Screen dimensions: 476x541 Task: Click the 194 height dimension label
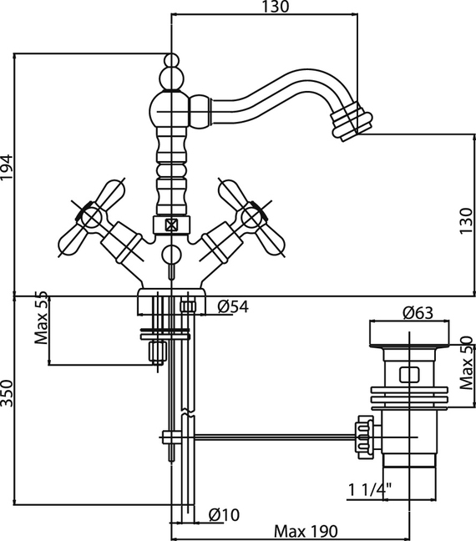[7, 167]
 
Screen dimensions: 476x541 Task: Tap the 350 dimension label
[7, 393]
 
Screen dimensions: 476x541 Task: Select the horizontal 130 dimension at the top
[275, 7]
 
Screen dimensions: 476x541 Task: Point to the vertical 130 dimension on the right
[466, 220]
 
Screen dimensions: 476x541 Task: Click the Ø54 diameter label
[233, 306]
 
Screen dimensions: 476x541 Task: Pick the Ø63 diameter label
[418, 313]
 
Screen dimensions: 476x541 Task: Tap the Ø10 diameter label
[224, 515]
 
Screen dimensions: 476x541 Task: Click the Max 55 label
[41, 317]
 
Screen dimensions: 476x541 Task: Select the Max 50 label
[466, 363]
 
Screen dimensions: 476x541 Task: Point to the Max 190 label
[306, 531]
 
